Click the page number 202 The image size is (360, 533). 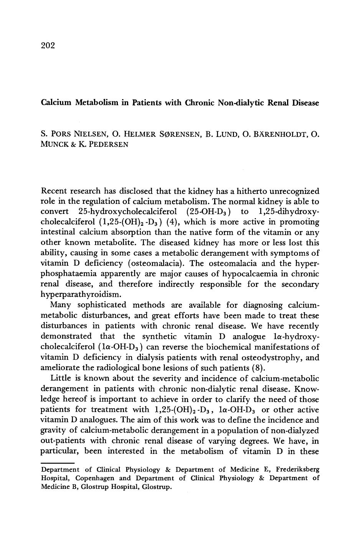(x=48, y=46)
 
